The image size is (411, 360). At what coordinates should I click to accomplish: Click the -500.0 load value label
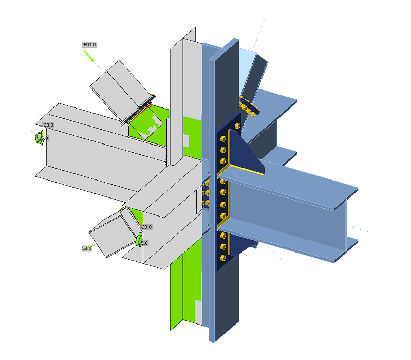(89, 45)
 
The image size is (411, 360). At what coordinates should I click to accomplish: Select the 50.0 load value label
(86, 248)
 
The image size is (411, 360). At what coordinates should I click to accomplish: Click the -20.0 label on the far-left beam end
(48, 125)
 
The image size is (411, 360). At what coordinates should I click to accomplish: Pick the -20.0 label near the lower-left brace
(146, 227)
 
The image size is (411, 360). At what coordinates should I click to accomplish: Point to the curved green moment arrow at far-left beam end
(38, 138)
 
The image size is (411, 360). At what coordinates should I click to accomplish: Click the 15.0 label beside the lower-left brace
(143, 243)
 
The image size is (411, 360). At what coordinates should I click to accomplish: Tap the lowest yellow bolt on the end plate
(222, 258)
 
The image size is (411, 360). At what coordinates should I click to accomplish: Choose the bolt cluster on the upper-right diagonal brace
(248, 106)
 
